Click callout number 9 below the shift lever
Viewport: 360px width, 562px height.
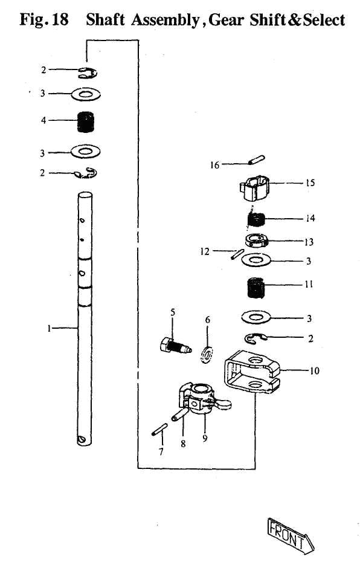tap(205, 439)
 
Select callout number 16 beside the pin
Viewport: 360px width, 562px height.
tap(214, 164)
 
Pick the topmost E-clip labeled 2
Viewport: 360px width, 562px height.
tap(89, 73)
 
